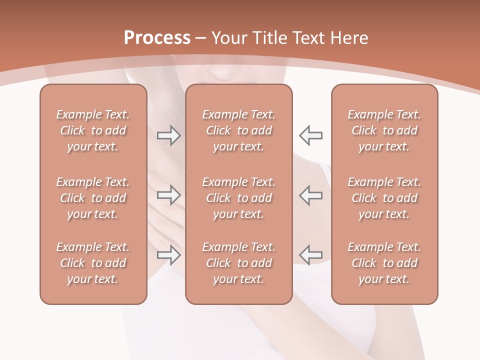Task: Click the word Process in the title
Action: pos(157,38)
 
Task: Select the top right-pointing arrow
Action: pos(168,135)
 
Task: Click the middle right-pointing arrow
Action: pos(168,195)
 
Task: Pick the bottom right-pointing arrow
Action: pos(168,255)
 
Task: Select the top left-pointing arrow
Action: pos(311,135)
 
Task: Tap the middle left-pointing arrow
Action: pos(311,195)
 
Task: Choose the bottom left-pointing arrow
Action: pos(311,255)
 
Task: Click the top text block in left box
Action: pos(93,130)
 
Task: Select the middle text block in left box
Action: pos(93,198)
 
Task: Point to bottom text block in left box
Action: pos(93,263)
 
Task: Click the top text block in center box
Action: pos(238,130)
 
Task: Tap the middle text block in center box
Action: pos(238,198)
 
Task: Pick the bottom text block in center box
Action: pos(238,263)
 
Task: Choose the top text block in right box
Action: pos(384,130)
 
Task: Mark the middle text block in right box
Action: pos(384,198)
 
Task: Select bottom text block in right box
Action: pos(384,263)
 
